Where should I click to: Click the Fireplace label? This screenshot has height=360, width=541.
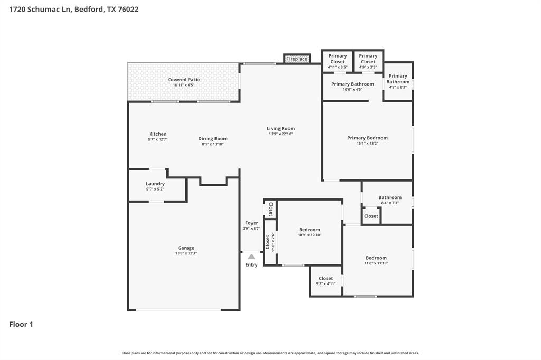coord(297,59)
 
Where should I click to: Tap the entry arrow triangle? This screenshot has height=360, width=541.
coord(251,257)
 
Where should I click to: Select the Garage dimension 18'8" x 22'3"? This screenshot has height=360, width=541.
coord(186,253)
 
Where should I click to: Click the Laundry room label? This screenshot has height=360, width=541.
coord(155,184)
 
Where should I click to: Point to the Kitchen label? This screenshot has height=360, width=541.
coord(157,134)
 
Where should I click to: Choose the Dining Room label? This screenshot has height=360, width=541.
coord(213,139)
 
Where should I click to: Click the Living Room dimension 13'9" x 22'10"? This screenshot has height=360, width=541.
coord(281,134)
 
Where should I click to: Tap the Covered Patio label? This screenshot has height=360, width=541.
coord(184,80)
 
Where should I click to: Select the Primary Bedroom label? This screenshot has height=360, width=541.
coord(367,138)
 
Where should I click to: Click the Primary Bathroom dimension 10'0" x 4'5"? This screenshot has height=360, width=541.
coord(352,89)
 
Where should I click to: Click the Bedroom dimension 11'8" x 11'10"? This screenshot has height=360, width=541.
coord(376,263)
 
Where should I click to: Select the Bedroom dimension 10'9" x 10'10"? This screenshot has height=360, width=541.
coord(310,235)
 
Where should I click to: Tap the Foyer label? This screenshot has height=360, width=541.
coord(251,223)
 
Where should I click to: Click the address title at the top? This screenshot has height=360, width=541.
coord(74,10)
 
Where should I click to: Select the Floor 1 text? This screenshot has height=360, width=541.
coord(21,324)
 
